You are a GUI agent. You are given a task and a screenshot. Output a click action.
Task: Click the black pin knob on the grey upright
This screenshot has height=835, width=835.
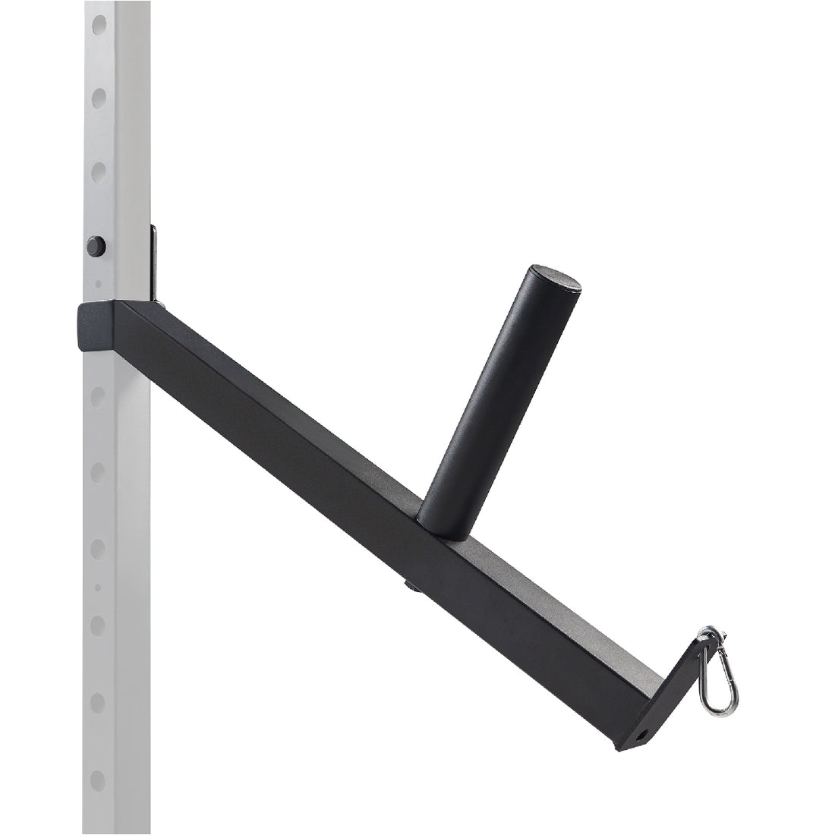[x=96, y=246]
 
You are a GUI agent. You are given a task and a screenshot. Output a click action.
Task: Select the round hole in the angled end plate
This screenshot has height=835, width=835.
[x=642, y=735]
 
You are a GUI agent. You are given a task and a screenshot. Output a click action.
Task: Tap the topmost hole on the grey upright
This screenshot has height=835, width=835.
[x=99, y=25]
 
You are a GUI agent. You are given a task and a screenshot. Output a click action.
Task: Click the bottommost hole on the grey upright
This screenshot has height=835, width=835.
[x=97, y=780]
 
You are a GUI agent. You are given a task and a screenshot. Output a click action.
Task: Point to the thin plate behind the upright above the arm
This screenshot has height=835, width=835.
[x=153, y=262]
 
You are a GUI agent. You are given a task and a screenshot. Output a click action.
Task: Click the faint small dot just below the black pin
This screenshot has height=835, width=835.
[x=98, y=285]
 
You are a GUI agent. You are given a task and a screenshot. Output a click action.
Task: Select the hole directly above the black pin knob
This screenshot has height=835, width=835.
[x=99, y=173]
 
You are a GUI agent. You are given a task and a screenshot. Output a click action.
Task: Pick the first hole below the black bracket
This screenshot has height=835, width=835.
[x=98, y=396]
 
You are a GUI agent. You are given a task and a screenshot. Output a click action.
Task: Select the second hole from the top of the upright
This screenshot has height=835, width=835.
[x=99, y=98]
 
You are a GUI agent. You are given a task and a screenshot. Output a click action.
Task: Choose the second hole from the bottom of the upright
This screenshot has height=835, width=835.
[x=97, y=703]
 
